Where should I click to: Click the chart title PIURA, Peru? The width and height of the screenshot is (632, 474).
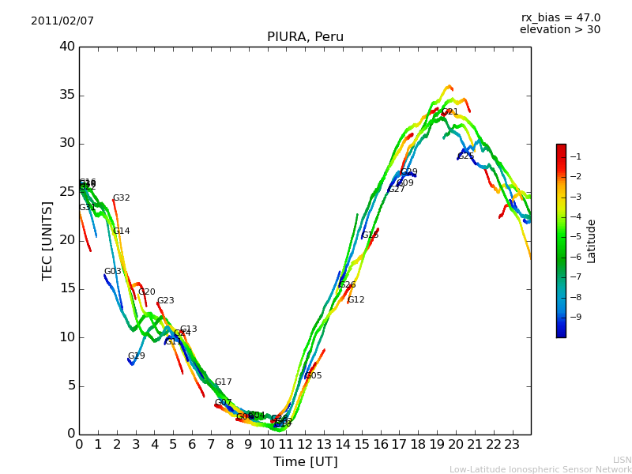pos(305,37)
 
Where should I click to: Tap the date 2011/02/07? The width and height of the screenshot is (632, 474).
pos(62,21)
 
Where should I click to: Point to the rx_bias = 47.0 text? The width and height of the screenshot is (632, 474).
pos(560,17)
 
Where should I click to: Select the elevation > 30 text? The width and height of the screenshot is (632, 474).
pos(559,30)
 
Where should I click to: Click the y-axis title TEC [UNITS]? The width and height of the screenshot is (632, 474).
pos(47,240)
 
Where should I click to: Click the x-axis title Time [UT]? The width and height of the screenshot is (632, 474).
pos(305,461)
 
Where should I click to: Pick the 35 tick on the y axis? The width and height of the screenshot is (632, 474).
pos(67,96)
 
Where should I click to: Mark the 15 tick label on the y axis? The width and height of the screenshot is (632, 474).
pos(67,289)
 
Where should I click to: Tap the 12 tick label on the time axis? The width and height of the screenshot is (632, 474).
pos(305,444)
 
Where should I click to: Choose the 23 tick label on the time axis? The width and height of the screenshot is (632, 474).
pos(512,444)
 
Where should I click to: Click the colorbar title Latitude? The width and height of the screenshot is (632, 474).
pos(591,241)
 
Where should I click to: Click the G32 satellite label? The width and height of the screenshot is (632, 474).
pos(121,198)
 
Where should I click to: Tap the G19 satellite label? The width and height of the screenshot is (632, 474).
pos(136,356)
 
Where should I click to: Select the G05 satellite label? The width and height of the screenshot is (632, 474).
pos(313,376)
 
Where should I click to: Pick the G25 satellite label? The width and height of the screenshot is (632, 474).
pos(466,156)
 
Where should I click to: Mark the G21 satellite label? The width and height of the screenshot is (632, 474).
pos(450,112)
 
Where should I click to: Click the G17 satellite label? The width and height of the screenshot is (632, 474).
pos(223,382)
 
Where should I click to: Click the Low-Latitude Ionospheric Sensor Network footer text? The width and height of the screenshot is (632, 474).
pos(540,469)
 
